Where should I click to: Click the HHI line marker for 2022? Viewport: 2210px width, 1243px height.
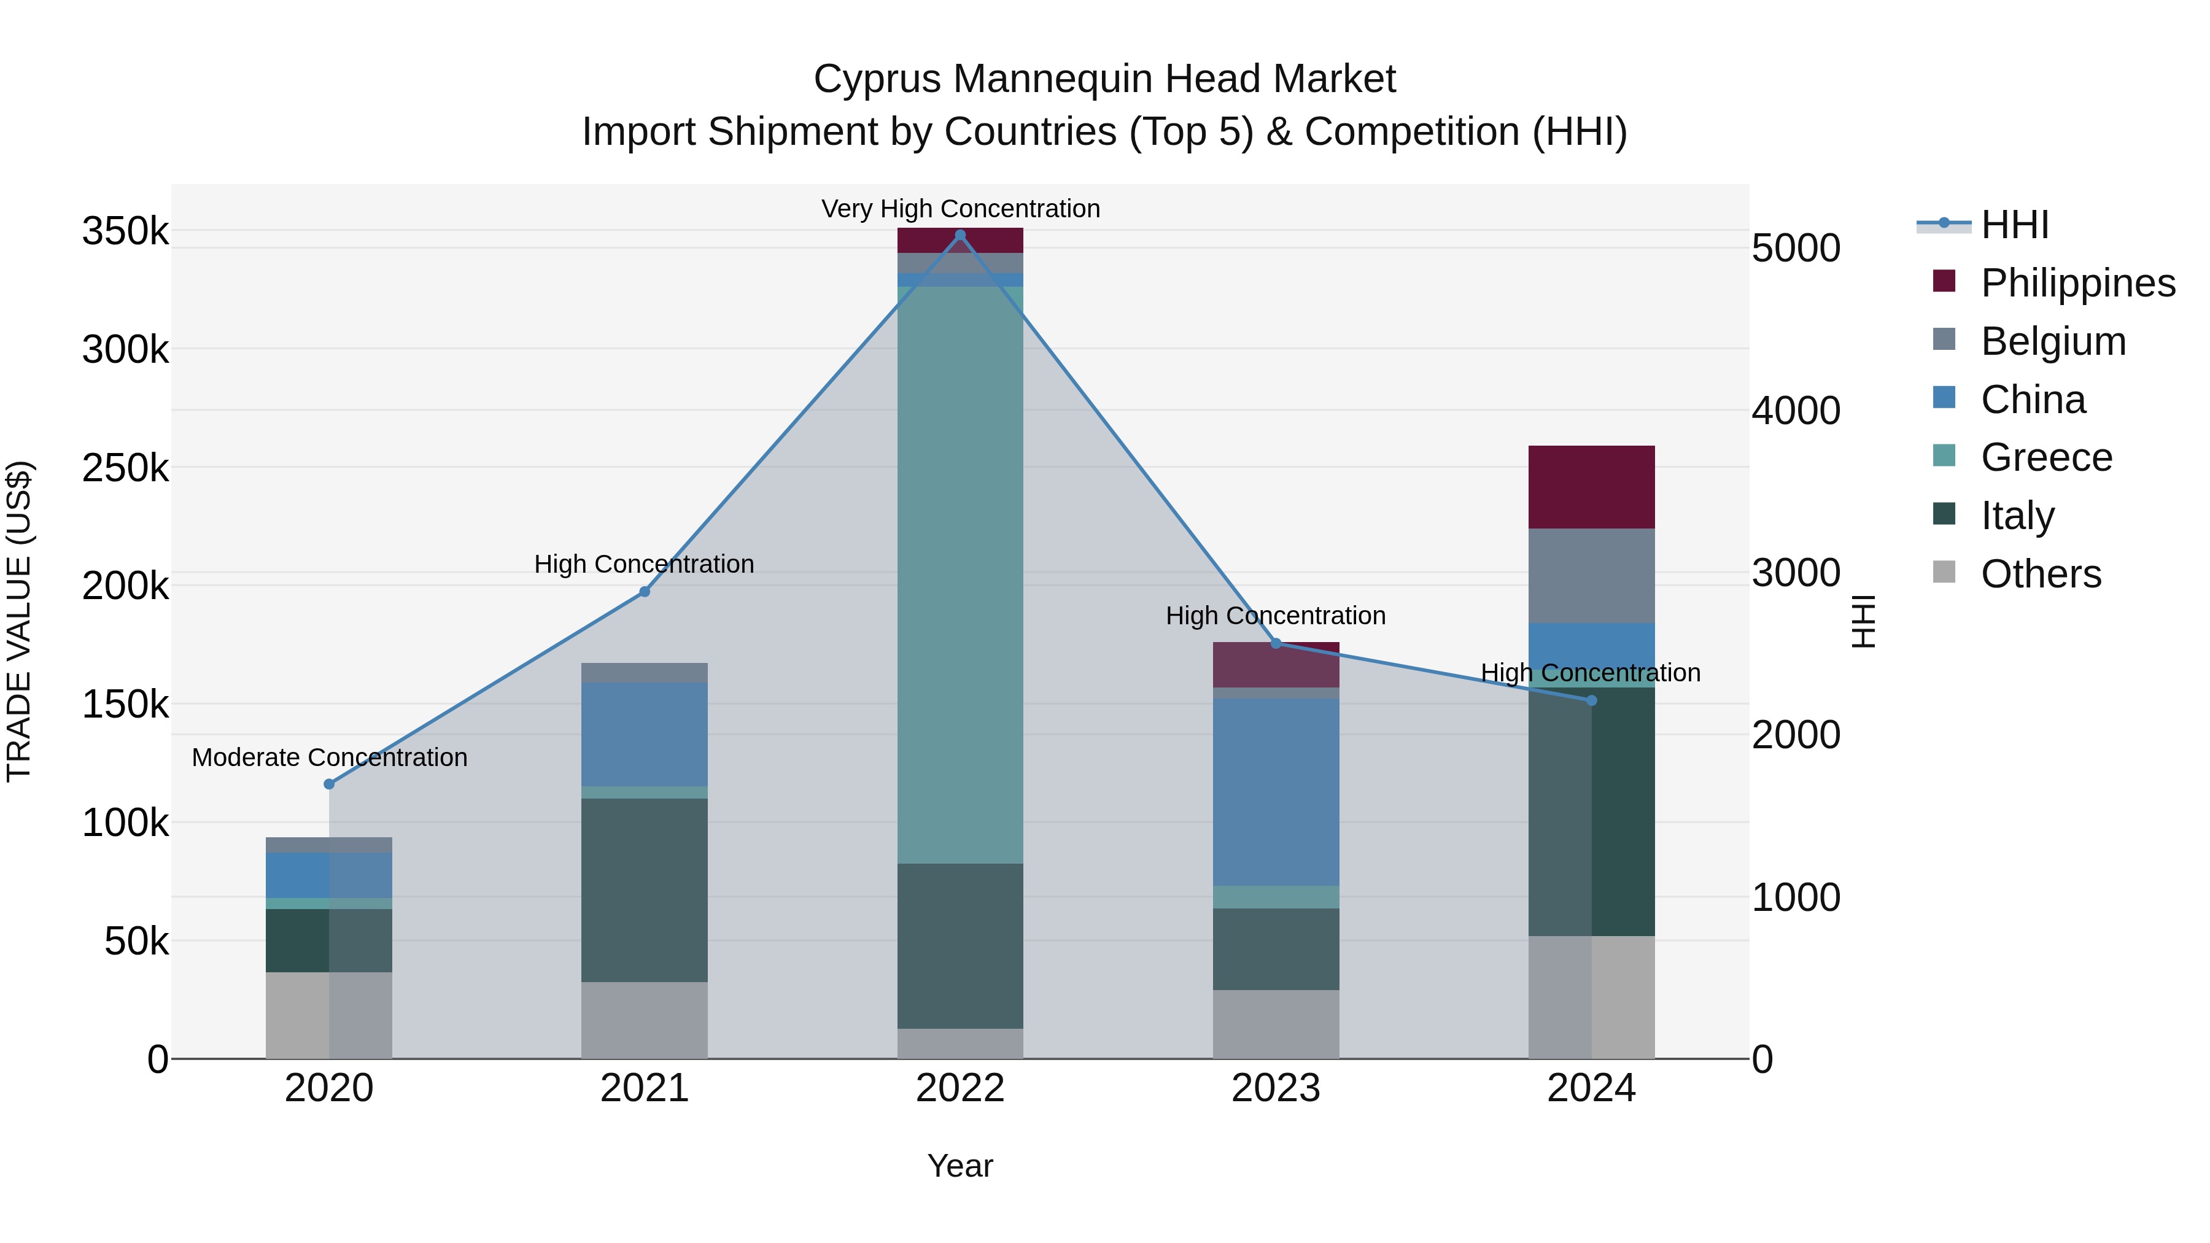[960, 235]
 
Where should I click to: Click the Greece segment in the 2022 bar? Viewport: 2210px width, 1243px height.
[960, 575]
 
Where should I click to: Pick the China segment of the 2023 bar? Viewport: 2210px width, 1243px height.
[1276, 791]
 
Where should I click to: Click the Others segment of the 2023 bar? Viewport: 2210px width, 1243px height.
[1276, 1024]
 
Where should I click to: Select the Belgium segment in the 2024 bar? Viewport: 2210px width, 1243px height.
[1591, 576]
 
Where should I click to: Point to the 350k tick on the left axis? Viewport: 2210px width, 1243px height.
[125, 231]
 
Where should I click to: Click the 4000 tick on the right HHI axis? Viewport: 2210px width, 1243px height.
[1796, 411]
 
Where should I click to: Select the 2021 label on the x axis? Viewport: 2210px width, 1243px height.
[645, 1088]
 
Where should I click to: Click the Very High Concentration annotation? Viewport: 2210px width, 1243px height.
[960, 209]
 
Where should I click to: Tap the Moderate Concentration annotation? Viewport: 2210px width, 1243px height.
[330, 757]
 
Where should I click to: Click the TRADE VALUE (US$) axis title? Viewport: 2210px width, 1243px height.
[19, 621]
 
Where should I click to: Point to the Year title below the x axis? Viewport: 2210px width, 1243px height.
[960, 1166]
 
